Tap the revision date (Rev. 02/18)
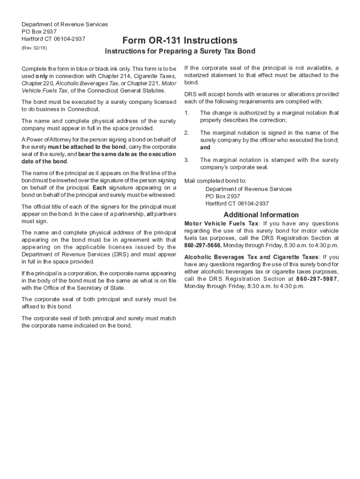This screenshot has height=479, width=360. coord(35,48)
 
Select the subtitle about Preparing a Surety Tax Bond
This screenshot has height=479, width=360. coord(180,51)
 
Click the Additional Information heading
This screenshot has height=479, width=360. coord(261,215)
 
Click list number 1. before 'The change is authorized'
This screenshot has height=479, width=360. coord(187,113)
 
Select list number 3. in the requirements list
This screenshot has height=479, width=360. coord(187,160)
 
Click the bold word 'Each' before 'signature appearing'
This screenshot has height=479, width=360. coord(101,188)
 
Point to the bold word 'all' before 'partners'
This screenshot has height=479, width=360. coord(150,214)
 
